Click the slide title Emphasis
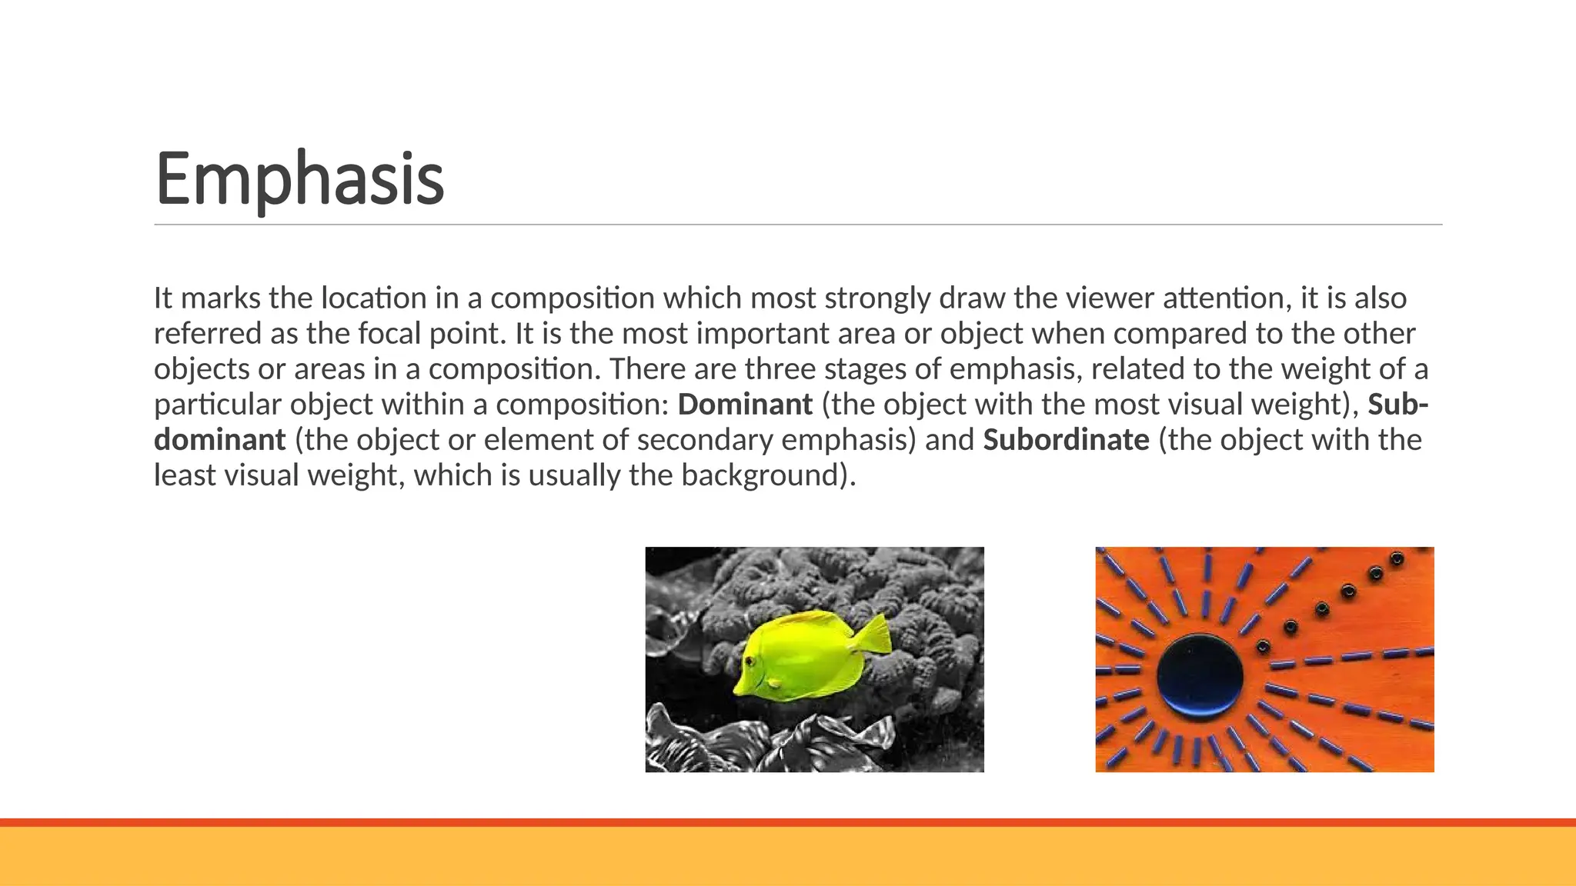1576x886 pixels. click(x=299, y=178)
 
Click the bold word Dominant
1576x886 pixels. click(x=744, y=405)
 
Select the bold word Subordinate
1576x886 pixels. click(x=1066, y=440)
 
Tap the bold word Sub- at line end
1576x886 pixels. click(x=1397, y=405)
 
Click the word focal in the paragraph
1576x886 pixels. click(x=389, y=334)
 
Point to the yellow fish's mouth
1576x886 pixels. click(x=736, y=687)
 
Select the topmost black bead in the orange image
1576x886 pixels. click(x=1397, y=558)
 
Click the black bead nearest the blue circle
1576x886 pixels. click(x=1262, y=646)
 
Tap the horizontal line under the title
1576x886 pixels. click(x=797, y=225)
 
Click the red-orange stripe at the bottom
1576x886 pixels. click(x=788, y=822)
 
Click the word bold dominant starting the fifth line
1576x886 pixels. click(x=220, y=440)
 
